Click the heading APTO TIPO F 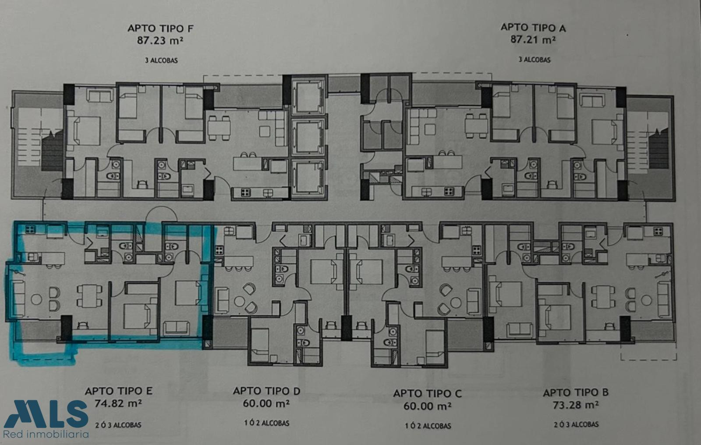(160, 28)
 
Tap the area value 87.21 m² (533, 40)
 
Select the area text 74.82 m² (118, 403)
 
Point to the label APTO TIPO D (267, 391)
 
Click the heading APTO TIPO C (428, 393)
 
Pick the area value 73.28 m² (576, 405)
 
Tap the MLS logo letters (46, 413)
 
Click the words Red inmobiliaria (46, 434)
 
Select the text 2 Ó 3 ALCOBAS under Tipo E (118, 425)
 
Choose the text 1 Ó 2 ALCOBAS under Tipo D (267, 423)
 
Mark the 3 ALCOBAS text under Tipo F (161, 61)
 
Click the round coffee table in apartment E (36, 299)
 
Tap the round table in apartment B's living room (646, 300)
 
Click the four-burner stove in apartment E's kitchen (30, 230)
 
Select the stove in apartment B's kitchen (658, 231)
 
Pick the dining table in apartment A (476, 126)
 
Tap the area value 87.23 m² (160, 41)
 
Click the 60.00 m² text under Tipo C (428, 406)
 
